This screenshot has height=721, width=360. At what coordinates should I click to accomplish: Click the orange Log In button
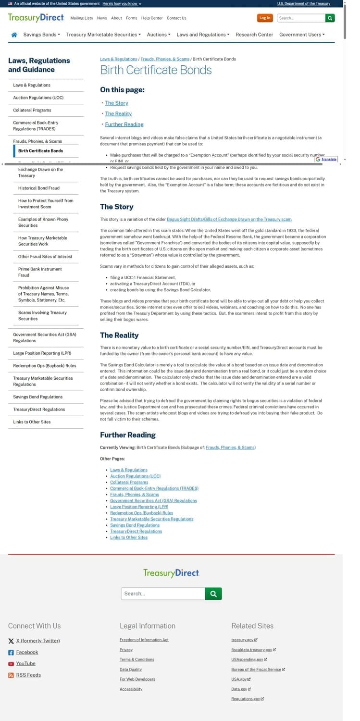pos(265,18)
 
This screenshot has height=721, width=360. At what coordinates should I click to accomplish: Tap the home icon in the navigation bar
pos(14,35)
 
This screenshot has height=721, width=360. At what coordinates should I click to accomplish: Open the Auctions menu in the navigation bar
pos(158,35)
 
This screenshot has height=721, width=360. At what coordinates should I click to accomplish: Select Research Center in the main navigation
pos(254,35)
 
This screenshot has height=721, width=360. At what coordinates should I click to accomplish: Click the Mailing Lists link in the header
pos(82,18)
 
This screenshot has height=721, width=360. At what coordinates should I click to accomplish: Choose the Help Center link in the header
pos(152,18)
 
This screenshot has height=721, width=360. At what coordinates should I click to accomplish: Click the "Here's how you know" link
pos(122,3)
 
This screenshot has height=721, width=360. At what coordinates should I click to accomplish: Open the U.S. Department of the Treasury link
pos(304,3)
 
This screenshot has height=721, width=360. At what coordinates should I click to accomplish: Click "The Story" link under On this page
pos(116,103)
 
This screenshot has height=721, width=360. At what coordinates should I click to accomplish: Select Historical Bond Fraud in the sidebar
pos(39,188)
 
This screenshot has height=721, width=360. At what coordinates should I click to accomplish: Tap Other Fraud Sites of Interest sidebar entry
pos(45,257)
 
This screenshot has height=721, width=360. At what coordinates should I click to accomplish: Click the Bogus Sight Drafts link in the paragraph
pos(229,219)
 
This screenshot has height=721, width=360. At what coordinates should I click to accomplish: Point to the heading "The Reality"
pos(119,335)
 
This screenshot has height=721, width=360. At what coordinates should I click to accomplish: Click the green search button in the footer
pos(213,594)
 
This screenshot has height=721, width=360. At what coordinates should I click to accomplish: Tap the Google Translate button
pos(326,159)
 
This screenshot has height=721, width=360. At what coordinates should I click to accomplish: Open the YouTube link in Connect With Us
pos(25,663)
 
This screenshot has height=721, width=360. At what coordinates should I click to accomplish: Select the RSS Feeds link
pos(28,675)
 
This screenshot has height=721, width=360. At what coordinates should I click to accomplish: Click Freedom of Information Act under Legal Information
pos(144,640)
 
